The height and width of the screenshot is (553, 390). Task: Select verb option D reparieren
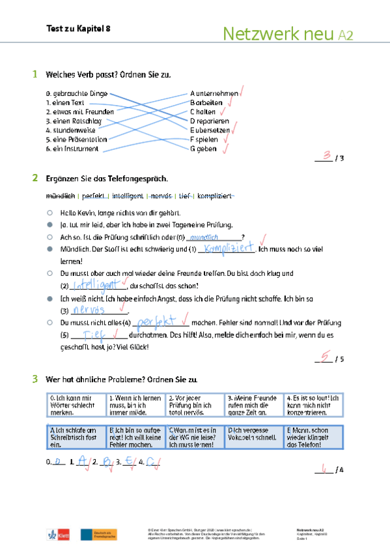coord(210,121)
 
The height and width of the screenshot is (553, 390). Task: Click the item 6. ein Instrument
coord(72,149)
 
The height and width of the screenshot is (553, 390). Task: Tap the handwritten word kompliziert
coord(228,248)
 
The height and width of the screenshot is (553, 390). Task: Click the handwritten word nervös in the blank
coord(89,310)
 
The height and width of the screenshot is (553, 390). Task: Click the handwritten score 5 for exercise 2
coord(324,356)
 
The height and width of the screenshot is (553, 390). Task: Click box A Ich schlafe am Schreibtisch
coord(75,437)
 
